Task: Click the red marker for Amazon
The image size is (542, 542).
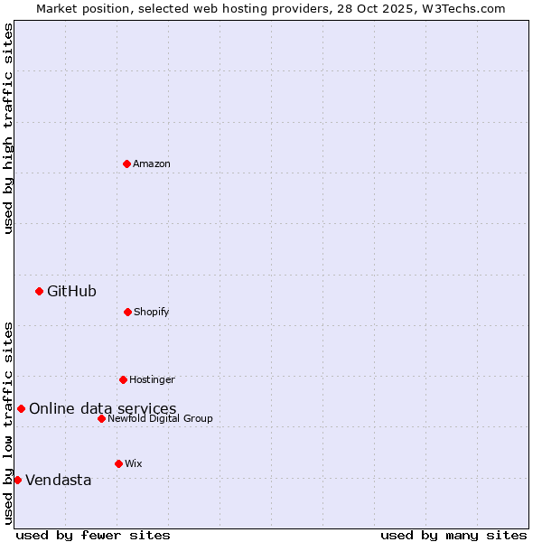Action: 126,164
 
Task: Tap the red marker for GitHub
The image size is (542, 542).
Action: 39,291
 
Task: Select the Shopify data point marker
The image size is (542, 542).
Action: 127,312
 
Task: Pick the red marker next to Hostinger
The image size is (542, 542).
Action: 123,379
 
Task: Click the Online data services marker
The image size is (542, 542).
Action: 21,408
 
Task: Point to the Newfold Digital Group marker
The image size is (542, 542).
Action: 101,418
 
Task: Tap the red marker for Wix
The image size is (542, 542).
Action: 118,463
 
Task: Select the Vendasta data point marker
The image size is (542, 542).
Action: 17,480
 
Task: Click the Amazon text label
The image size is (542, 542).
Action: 152,164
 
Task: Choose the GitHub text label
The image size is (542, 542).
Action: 71,291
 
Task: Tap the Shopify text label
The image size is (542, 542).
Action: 152,312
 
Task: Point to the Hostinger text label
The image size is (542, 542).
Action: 152,379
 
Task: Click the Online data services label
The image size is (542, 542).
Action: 102,408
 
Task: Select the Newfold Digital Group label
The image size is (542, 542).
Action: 160,418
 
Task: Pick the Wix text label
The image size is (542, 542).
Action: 134,463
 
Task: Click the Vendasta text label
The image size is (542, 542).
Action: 58,480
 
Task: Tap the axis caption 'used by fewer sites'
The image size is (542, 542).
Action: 93,535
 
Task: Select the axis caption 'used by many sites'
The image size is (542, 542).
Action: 453,535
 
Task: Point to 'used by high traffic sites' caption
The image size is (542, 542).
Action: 8,128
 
